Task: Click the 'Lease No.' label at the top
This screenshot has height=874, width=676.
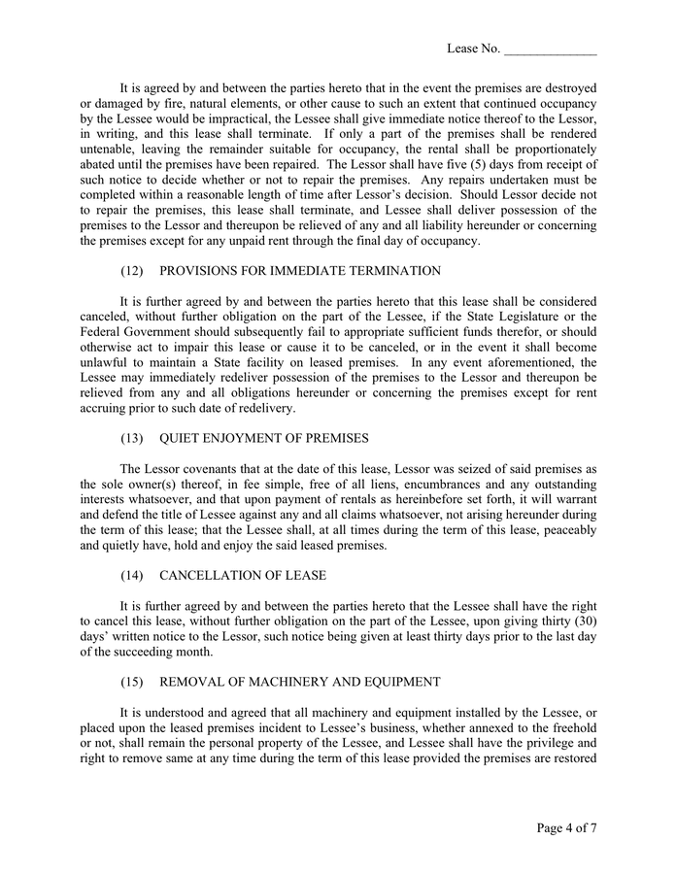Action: (x=473, y=49)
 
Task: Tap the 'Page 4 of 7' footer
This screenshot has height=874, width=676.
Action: (x=566, y=828)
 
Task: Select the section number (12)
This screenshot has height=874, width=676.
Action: (x=132, y=271)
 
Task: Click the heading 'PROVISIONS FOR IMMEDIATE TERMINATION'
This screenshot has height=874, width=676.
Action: (x=300, y=271)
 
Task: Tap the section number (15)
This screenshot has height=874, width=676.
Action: (x=132, y=682)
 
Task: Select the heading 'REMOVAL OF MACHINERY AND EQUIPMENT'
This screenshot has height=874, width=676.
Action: (x=299, y=682)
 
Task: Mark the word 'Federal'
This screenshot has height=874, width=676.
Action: (x=104, y=332)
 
